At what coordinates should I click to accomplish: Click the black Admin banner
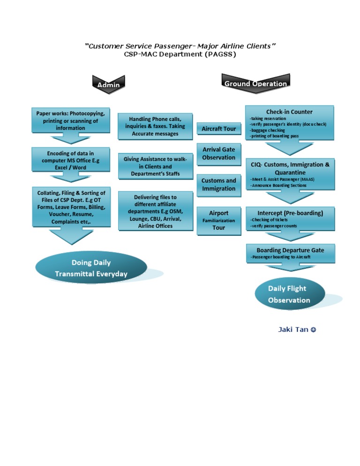click(x=108, y=85)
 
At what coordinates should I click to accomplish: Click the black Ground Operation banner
click(x=255, y=83)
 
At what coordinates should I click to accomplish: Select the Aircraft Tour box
click(x=218, y=128)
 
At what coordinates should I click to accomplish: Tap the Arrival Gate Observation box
click(x=218, y=153)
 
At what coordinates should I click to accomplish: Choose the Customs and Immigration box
click(x=218, y=184)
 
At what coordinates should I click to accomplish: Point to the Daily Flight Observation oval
click(x=289, y=294)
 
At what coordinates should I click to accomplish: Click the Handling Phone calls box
click(x=155, y=126)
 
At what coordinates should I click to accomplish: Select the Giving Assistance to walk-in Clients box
click(x=155, y=166)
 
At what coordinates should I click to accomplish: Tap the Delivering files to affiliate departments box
click(x=155, y=211)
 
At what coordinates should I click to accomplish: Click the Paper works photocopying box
click(x=70, y=120)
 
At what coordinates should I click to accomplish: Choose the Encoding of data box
click(x=70, y=160)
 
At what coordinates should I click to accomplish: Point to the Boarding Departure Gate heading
click(x=290, y=250)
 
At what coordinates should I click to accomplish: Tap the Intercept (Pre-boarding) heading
click(x=290, y=213)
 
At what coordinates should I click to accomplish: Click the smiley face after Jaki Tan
click(x=313, y=330)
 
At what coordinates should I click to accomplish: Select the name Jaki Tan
click(x=293, y=330)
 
